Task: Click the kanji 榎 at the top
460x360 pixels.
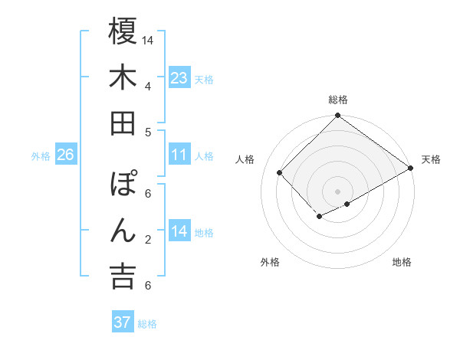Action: pyautogui.click(x=123, y=31)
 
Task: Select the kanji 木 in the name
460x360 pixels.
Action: pyautogui.click(x=123, y=77)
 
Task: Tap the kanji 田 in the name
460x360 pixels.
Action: pyautogui.click(x=123, y=123)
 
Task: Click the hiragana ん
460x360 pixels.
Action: pyautogui.click(x=123, y=231)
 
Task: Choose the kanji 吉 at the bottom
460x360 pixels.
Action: pyautogui.click(x=123, y=276)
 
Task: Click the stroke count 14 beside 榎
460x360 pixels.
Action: pyautogui.click(x=148, y=40)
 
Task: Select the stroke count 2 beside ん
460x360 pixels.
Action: pyautogui.click(x=148, y=240)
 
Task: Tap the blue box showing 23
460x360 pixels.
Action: pyautogui.click(x=179, y=78)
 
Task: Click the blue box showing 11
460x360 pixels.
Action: pyautogui.click(x=179, y=155)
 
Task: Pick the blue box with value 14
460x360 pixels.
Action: pyautogui.click(x=179, y=231)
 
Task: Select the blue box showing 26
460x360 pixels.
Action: pyautogui.click(x=66, y=155)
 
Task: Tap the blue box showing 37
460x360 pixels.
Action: pyautogui.click(x=123, y=322)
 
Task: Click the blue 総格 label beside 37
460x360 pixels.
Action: pyautogui.click(x=147, y=324)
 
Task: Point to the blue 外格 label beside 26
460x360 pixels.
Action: pyautogui.click(x=41, y=156)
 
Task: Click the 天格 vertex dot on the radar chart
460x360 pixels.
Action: pyautogui.click(x=411, y=169)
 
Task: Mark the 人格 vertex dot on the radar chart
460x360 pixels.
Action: pyautogui.click(x=280, y=173)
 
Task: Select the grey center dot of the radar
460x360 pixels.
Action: pyautogui.click(x=337, y=191)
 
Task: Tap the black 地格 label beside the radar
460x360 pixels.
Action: pyautogui.click(x=402, y=262)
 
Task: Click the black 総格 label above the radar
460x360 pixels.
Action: pyautogui.click(x=337, y=100)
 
